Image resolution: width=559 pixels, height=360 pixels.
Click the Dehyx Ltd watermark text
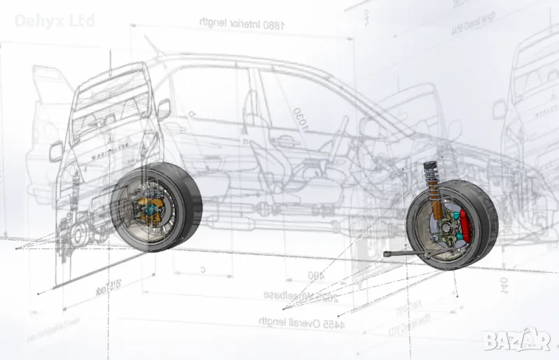click(55, 20)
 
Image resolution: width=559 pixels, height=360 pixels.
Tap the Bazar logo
click(516, 340)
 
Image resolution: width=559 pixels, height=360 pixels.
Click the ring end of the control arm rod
click(386, 254)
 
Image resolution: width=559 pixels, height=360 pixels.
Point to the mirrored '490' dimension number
click(316, 275)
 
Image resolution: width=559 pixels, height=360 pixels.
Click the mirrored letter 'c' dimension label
click(203, 268)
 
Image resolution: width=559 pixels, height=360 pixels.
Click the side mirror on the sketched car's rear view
click(164, 108)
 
